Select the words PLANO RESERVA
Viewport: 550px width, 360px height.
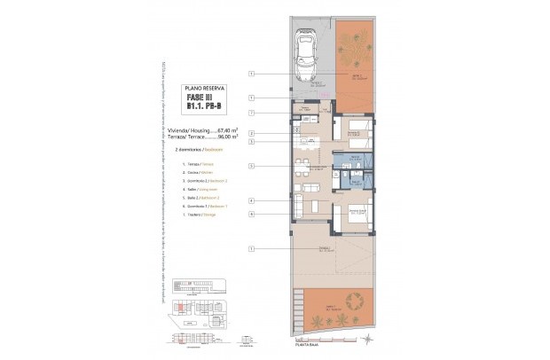202,90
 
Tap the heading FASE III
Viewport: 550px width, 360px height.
202,98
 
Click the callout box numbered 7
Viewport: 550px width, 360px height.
252,113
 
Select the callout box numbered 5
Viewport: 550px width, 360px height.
252,166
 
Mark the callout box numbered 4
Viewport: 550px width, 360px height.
252,200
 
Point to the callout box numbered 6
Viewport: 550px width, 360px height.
252,215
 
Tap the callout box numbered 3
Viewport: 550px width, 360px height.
252,142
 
